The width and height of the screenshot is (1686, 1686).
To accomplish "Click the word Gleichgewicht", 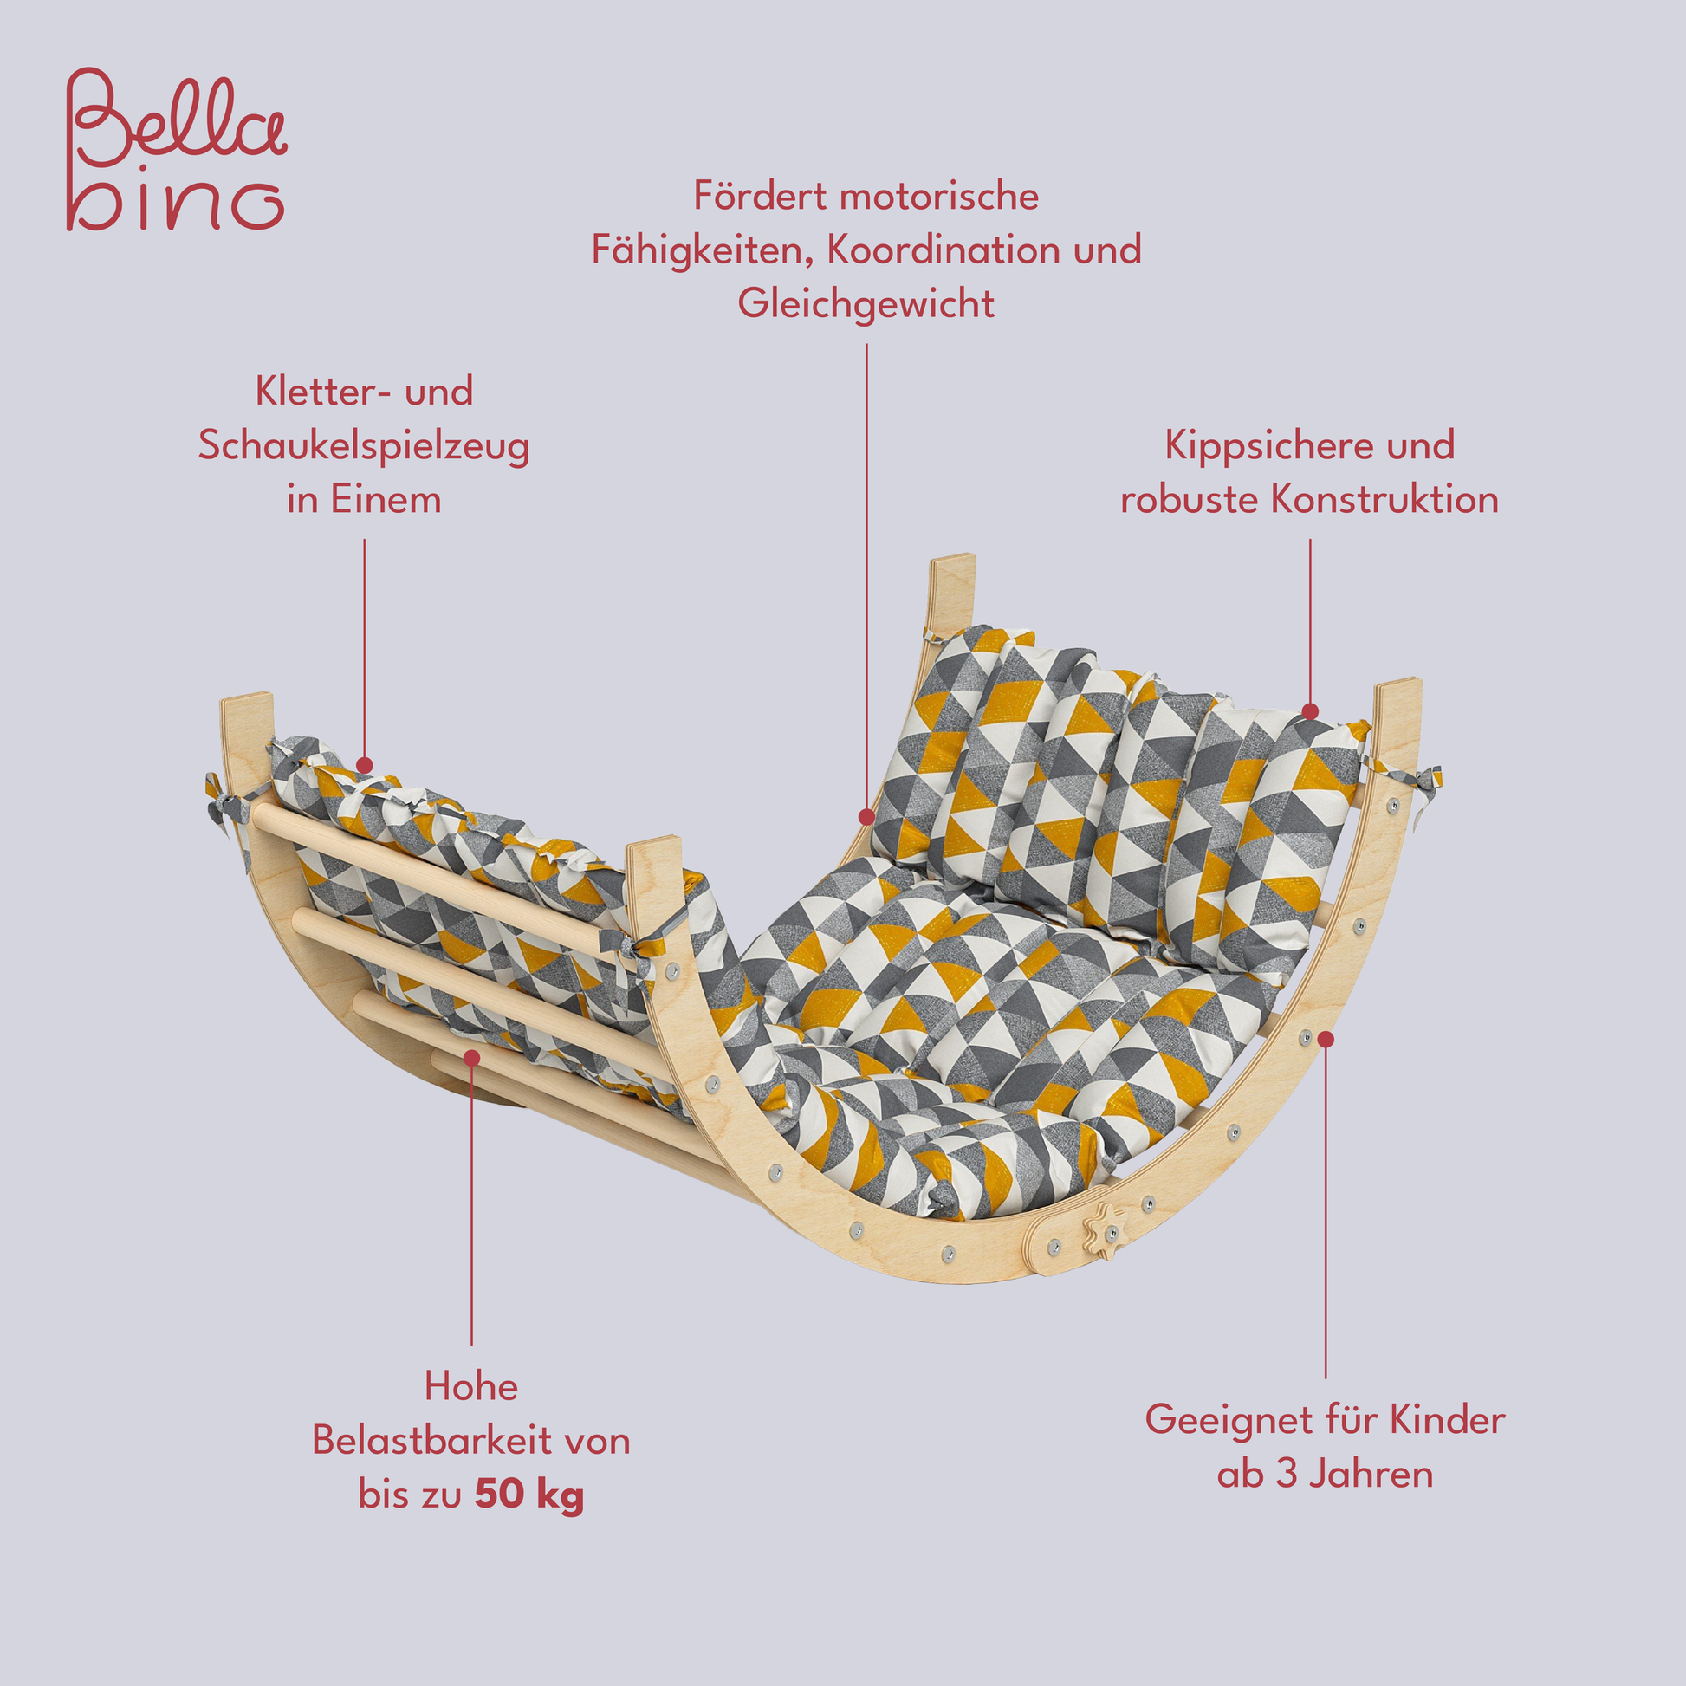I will pyautogui.click(x=866, y=304).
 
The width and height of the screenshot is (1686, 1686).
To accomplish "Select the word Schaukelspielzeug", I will pyautogui.click(x=364, y=447).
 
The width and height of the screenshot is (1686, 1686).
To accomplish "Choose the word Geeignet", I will pyautogui.click(x=1231, y=1420).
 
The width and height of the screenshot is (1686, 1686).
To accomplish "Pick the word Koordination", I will pyautogui.click(x=943, y=250).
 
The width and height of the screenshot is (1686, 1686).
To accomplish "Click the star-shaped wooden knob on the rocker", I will pyautogui.click(x=1101, y=1231).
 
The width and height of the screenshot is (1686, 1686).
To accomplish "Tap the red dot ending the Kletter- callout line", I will pyautogui.click(x=365, y=765).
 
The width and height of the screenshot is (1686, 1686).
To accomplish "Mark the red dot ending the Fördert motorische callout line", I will pyautogui.click(x=866, y=817).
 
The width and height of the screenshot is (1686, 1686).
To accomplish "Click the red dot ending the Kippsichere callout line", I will pyautogui.click(x=1310, y=712).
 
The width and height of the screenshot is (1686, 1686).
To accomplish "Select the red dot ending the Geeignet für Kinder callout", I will pyautogui.click(x=1326, y=1039).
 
